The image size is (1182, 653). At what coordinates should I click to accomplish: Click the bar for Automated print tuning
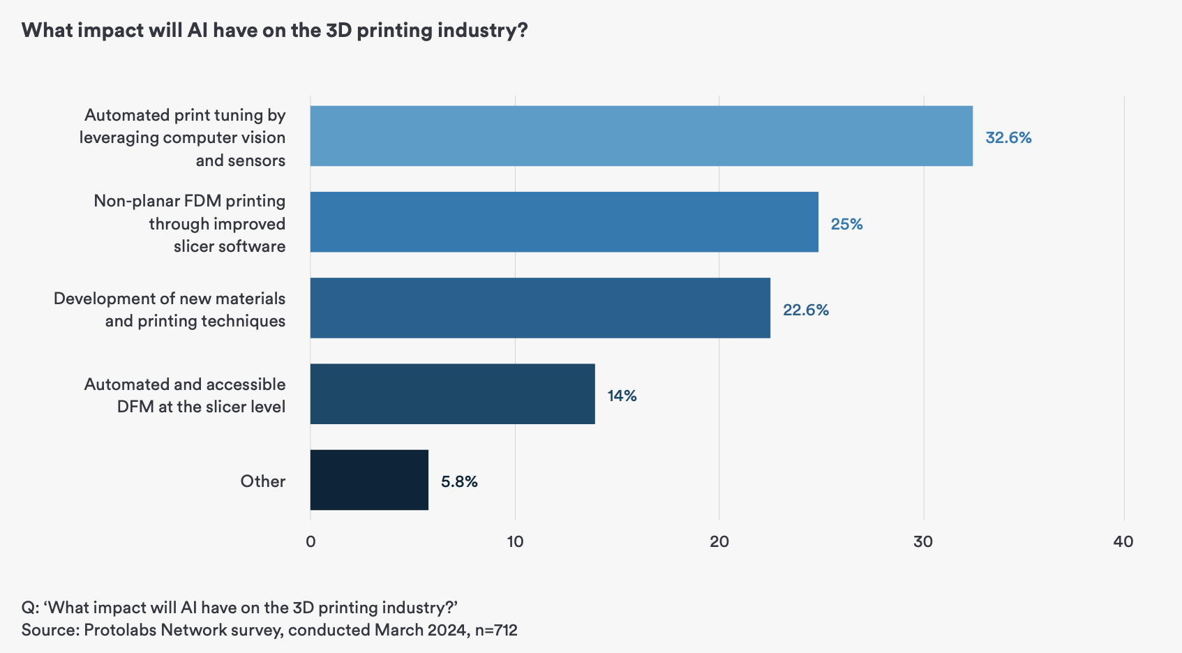[x=641, y=136]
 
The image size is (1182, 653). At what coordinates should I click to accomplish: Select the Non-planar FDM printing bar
[x=564, y=222]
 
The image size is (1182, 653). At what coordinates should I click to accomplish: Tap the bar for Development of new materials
[x=540, y=308]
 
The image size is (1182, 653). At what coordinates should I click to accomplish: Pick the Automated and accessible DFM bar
[x=452, y=393]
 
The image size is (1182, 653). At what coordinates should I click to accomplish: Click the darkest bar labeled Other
[x=369, y=480]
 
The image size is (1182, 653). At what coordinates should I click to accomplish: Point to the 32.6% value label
[x=1008, y=137]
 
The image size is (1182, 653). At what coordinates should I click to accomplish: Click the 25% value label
[x=846, y=224]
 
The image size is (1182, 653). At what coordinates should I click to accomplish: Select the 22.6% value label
[x=805, y=310]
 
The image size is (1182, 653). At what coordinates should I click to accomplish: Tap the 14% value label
[x=622, y=396]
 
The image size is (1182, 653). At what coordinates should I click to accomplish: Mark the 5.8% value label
[x=459, y=481]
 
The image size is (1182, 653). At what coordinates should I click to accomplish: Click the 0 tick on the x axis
[x=311, y=541]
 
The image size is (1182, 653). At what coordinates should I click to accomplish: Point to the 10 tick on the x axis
[x=515, y=541]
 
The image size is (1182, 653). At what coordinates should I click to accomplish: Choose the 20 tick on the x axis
[x=719, y=541]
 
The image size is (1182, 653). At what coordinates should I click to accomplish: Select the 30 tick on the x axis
[x=923, y=541]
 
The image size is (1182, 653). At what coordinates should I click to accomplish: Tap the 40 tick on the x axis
[x=1123, y=541]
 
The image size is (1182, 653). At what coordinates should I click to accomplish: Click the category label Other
[x=262, y=481]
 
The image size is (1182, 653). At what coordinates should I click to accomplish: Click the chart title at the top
[x=274, y=31]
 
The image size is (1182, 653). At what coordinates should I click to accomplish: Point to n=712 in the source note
[x=496, y=630]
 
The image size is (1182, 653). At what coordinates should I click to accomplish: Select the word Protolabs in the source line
[x=119, y=630]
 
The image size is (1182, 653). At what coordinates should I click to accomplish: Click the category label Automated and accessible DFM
[x=185, y=395]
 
